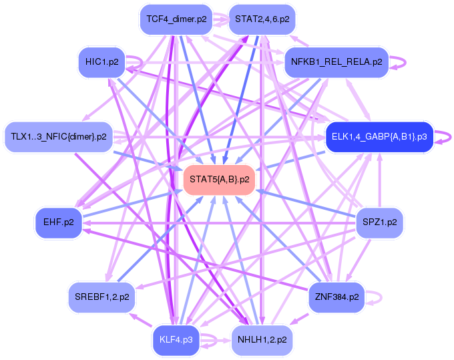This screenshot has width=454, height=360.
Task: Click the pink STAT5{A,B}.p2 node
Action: [220, 180]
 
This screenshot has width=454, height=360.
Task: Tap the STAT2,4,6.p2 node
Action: [262, 19]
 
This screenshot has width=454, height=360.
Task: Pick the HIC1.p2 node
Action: [102, 62]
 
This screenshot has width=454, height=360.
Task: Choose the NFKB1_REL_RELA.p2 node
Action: [336, 62]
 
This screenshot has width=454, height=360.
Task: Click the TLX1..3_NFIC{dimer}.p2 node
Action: [58, 137]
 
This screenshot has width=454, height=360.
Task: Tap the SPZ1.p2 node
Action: [379, 222]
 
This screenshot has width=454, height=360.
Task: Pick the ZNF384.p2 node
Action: [336, 297]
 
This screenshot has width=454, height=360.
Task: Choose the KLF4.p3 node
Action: [176, 339]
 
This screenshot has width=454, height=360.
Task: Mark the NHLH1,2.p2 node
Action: [262, 339]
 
